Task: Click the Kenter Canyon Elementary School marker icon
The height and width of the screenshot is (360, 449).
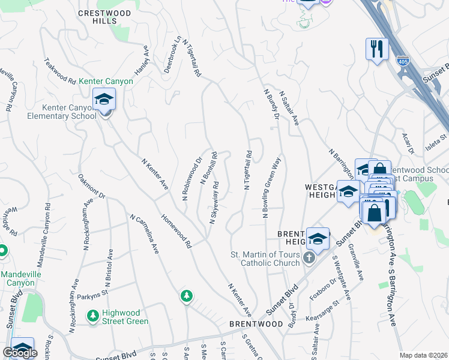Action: pyautogui.click(x=104, y=100)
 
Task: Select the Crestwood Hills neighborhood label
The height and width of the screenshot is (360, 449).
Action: pyautogui.click(x=97, y=16)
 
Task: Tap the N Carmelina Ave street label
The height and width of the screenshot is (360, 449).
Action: pyautogui.click(x=145, y=234)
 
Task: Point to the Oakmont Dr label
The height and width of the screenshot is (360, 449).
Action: pyautogui.click(x=92, y=187)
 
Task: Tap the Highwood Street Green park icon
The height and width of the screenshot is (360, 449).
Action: pyautogui.click(x=92, y=315)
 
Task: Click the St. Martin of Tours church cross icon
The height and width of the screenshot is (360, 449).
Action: pyautogui.click(x=309, y=258)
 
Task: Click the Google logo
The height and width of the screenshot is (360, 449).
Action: pyautogui.click(x=20, y=353)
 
